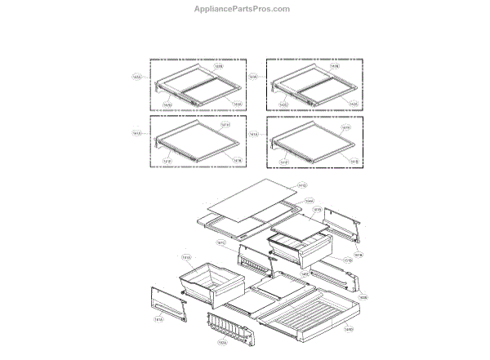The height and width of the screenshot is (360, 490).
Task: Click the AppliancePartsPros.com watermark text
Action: [245, 9]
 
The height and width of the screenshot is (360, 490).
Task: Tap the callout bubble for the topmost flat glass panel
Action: [301, 184]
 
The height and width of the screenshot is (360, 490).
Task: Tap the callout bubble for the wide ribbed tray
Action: [349, 330]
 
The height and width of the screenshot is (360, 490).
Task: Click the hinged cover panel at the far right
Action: [342, 224]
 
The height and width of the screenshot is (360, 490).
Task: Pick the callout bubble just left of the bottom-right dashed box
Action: [253, 135]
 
